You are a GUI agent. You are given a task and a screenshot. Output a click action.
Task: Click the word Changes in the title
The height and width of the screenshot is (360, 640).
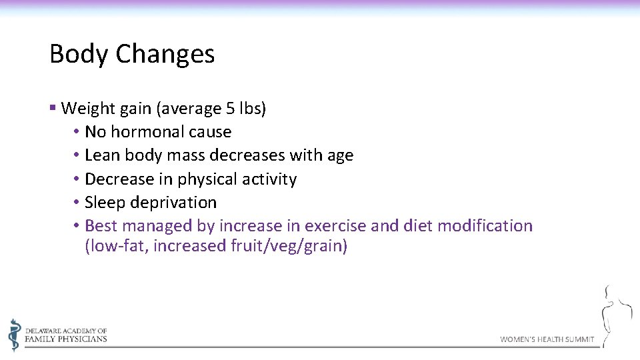click(x=165, y=54)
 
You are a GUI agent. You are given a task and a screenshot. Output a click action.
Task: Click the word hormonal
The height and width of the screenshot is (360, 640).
click(x=138, y=132)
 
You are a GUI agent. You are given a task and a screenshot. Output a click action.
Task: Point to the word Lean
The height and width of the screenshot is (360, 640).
click(x=102, y=155)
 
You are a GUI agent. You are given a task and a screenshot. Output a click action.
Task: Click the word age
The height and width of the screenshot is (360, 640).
click(x=340, y=156)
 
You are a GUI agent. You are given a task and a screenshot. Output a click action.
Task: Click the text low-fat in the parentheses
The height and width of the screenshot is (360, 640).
click(x=118, y=246)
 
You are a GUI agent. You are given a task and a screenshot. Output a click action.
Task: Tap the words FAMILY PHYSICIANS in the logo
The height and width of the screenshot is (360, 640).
click(x=66, y=339)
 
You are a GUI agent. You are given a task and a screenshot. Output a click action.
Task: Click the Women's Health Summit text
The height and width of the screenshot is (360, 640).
click(x=547, y=339)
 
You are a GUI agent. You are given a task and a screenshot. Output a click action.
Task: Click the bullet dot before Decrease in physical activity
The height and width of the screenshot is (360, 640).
click(x=77, y=179)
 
